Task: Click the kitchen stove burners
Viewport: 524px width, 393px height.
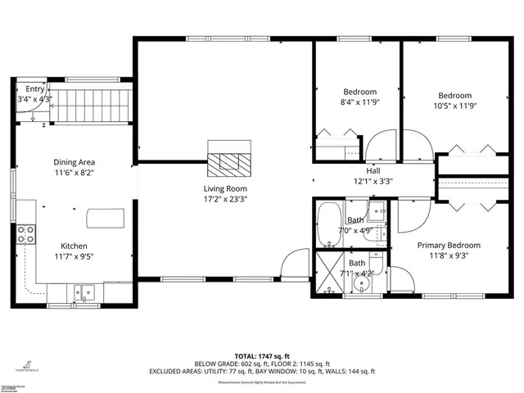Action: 26,235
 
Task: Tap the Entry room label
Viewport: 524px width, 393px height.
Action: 34,88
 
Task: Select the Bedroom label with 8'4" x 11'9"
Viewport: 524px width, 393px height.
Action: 359,91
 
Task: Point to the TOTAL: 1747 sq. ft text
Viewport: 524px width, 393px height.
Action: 262,356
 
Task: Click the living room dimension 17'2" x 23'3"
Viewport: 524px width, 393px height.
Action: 226,199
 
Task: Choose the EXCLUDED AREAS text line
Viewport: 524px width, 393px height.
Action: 262,371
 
